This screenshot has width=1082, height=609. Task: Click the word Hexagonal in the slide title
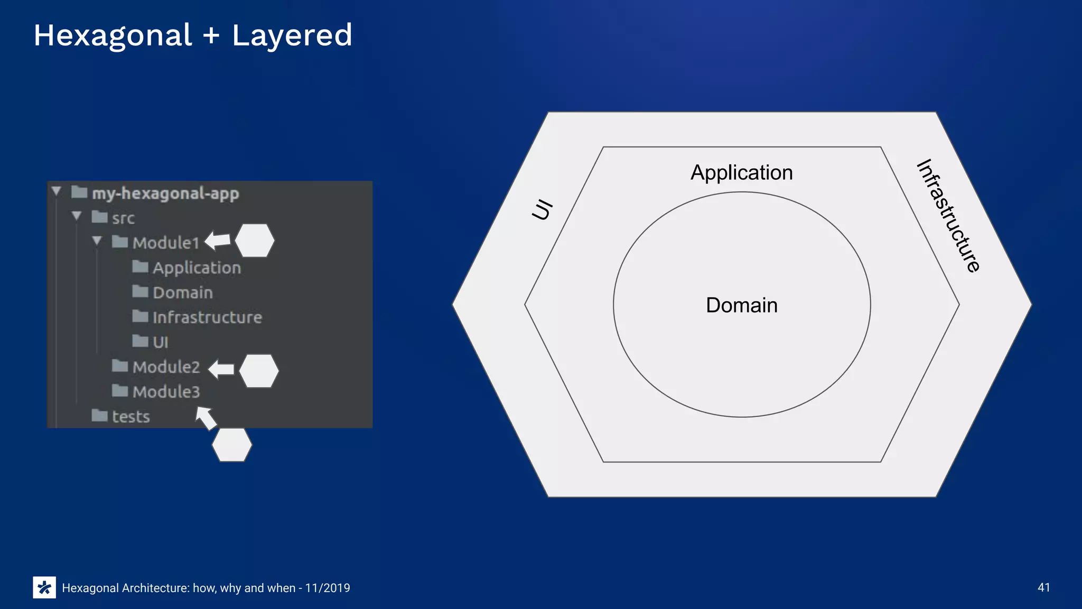pyautogui.click(x=113, y=36)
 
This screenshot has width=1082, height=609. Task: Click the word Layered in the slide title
pyautogui.click(x=292, y=36)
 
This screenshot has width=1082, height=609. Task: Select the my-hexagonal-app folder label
pyautogui.click(x=165, y=193)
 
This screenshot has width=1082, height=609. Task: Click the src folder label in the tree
pyautogui.click(x=123, y=218)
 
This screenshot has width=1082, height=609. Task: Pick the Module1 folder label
pyautogui.click(x=166, y=243)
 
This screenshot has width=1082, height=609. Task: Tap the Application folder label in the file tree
pyautogui.click(x=197, y=268)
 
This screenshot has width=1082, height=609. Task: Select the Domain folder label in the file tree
pyautogui.click(x=183, y=292)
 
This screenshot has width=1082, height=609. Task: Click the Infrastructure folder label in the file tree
pyautogui.click(x=207, y=317)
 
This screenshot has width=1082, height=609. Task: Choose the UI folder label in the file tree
pyautogui.click(x=160, y=342)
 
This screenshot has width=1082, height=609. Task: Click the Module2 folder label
pyautogui.click(x=166, y=367)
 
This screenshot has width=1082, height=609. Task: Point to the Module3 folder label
pyautogui.click(x=166, y=392)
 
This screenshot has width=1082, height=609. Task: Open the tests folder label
pyautogui.click(x=130, y=417)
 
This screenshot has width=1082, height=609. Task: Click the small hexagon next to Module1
pyautogui.click(x=255, y=241)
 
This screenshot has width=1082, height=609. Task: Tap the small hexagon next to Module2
pyautogui.click(x=259, y=371)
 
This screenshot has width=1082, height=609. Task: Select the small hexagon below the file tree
pyautogui.click(x=232, y=445)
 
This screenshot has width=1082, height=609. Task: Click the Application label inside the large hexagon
pyautogui.click(x=741, y=173)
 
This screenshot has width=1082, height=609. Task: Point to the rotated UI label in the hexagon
pyautogui.click(x=543, y=209)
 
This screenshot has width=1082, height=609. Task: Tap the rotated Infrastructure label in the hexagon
pyautogui.click(x=948, y=216)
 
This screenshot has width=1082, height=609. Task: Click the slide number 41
pyautogui.click(x=1043, y=587)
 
